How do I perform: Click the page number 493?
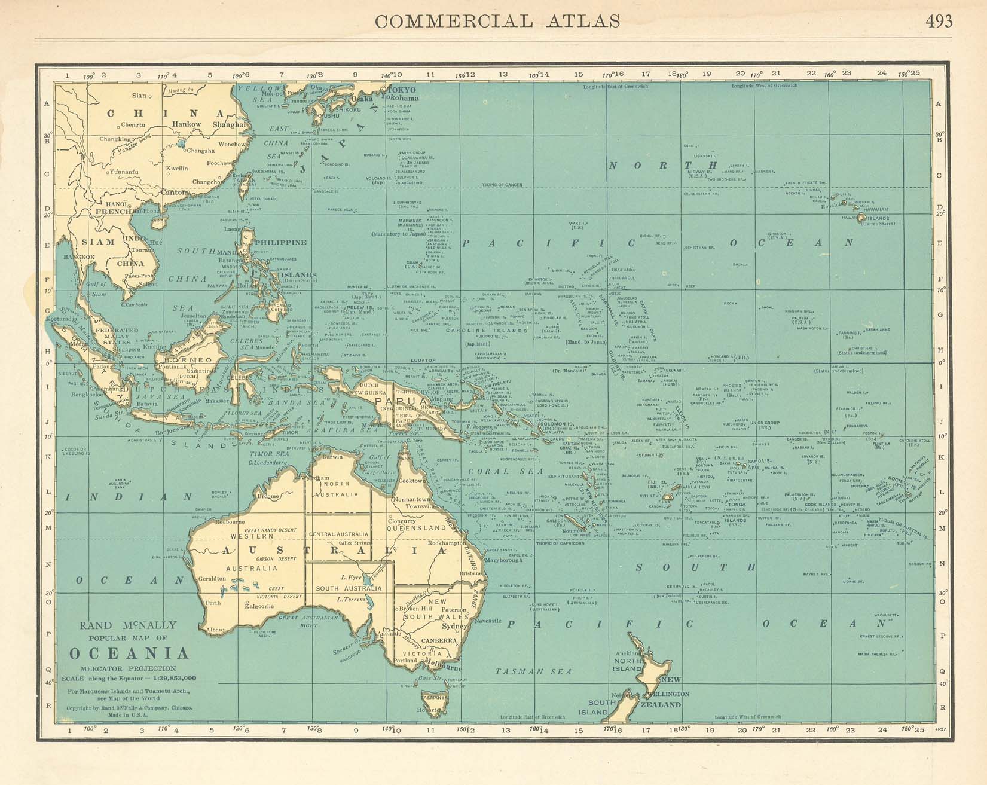939,21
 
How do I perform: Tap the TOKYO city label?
402,90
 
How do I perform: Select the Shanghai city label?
229,124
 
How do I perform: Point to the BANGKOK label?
79,257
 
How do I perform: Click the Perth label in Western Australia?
213,603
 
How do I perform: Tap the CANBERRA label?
439,640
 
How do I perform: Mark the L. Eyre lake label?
350,578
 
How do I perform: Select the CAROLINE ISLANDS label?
496,331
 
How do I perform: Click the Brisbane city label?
471,573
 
